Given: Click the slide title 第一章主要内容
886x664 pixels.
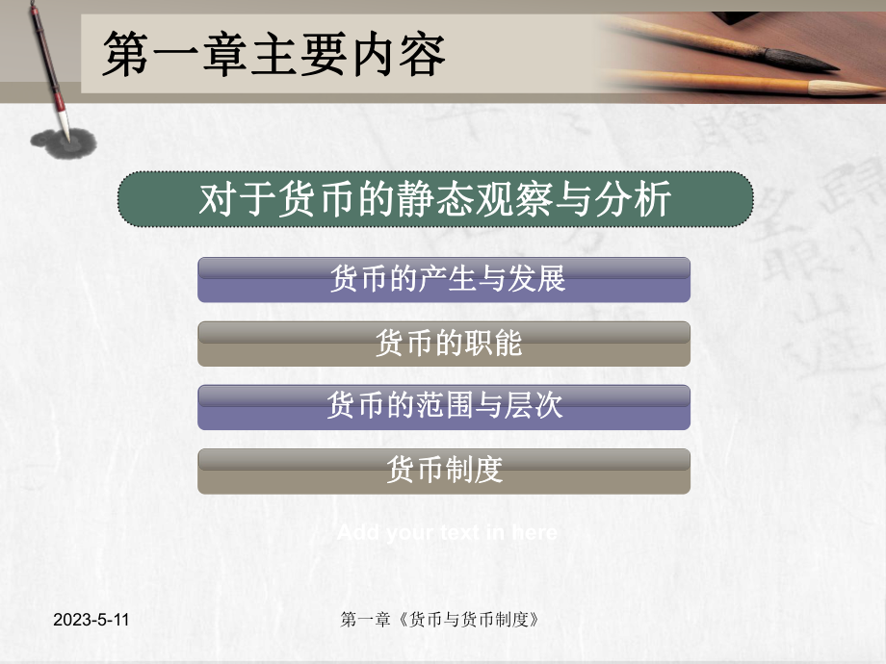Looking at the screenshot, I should [274, 55].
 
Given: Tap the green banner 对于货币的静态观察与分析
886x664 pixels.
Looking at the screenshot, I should [435, 200].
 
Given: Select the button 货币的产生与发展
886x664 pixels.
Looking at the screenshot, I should [444, 280].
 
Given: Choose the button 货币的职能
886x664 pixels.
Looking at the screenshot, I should [444, 344].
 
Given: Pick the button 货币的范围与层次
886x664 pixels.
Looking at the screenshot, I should [444, 407].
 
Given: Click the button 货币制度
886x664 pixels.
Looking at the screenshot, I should [444, 471].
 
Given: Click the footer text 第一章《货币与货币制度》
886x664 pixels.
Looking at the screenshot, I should [440, 621].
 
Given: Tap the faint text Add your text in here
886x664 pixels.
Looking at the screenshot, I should [447, 532].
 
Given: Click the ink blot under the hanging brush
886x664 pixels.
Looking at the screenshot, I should [62, 142].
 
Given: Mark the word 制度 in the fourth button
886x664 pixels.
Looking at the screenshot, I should [475, 471].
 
